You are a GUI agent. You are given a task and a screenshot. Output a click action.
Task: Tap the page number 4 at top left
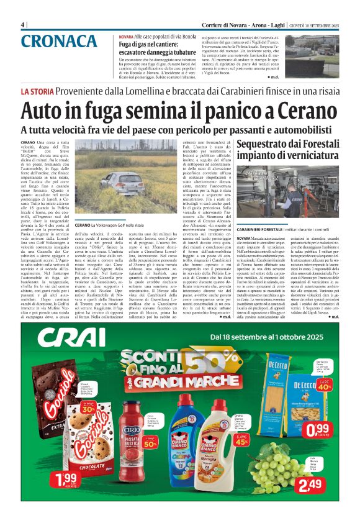[x=23, y=24]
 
